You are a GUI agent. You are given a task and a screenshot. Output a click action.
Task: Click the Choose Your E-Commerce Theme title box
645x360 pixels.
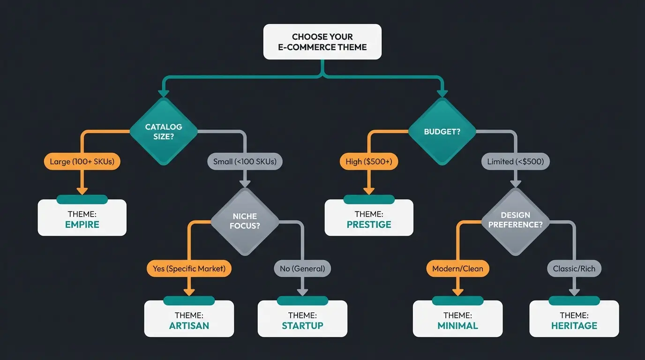tap(322, 42)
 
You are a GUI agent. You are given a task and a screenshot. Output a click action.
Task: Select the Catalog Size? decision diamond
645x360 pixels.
tap(164, 132)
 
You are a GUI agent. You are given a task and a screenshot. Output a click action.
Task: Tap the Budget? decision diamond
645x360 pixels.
tap(442, 132)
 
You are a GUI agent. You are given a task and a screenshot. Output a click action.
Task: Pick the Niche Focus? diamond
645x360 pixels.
tap(245, 221)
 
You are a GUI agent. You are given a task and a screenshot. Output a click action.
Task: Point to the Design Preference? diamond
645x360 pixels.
tap(516, 220)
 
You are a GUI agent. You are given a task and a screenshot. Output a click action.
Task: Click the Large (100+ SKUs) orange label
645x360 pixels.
tap(82, 162)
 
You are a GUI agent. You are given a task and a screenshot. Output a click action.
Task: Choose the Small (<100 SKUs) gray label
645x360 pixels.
tap(245, 162)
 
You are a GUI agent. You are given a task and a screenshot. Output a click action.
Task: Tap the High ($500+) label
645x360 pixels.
tap(368, 162)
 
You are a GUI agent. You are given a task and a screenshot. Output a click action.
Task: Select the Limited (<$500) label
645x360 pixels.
tap(516, 162)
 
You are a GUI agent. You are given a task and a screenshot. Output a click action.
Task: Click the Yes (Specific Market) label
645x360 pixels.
tap(189, 269)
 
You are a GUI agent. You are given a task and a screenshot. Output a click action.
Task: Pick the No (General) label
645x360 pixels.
tap(302, 269)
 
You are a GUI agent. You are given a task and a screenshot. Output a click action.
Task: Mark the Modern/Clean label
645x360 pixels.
tap(457, 269)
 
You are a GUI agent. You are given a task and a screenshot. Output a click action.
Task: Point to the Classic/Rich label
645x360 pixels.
tap(574, 269)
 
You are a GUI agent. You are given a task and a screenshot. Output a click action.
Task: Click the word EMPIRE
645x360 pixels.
tap(82, 225)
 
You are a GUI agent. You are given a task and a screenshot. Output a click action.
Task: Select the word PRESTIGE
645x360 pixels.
tap(369, 225)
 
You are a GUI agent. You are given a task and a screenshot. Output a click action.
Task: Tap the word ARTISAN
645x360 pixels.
tap(189, 326)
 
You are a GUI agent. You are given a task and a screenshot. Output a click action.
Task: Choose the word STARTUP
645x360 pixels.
tap(302, 326)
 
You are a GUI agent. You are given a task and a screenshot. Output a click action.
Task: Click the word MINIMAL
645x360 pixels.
tap(457, 326)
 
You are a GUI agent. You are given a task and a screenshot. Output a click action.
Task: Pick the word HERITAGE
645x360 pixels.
tap(574, 326)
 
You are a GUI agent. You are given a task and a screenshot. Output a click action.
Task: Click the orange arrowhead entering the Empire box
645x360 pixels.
tap(82, 190)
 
